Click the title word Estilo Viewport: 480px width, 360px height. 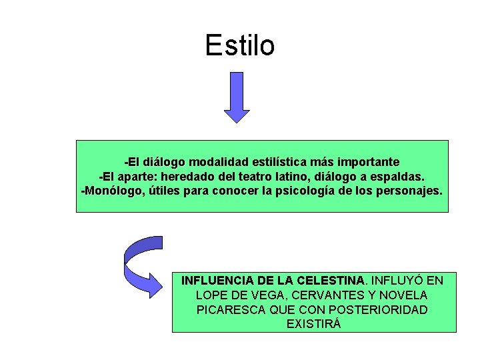pyautogui.click(x=240, y=46)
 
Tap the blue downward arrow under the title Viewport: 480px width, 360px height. pyautogui.click(x=237, y=97)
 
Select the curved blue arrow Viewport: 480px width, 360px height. pyautogui.click(x=142, y=266)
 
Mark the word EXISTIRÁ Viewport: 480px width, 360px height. pyautogui.click(x=313, y=324)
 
